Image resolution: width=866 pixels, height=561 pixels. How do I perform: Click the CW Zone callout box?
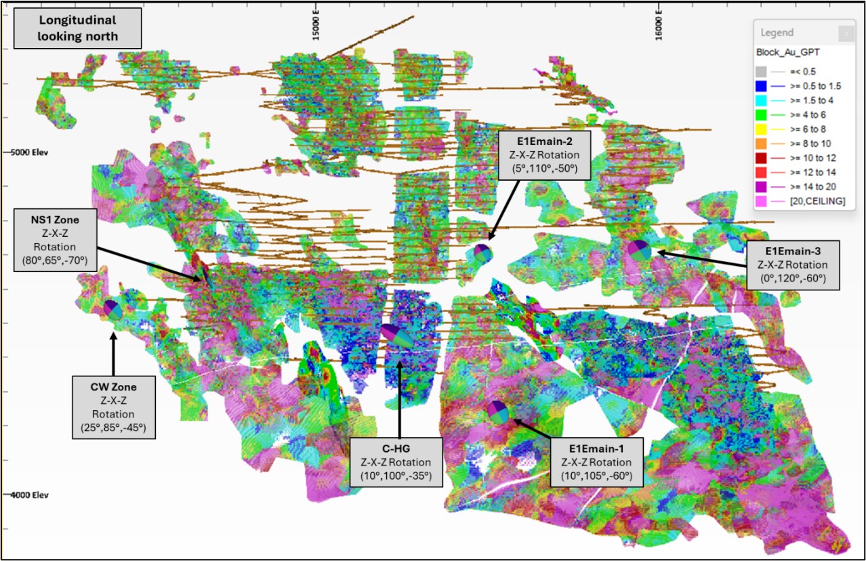pyautogui.click(x=113, y=408)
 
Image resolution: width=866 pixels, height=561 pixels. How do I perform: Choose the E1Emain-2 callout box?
pyautogui.click(x=544, y=155)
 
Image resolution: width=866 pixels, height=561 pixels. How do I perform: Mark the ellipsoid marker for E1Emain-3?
pyautogui.click(x=639, y=250)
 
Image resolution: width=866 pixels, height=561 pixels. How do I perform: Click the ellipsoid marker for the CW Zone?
pyautogui.click(x=113, y=309)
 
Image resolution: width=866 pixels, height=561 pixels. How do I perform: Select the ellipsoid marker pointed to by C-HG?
pyautogui.click(x=397, y=336)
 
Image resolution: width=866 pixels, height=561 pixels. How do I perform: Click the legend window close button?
pyautogui.click(x=846, y=33)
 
